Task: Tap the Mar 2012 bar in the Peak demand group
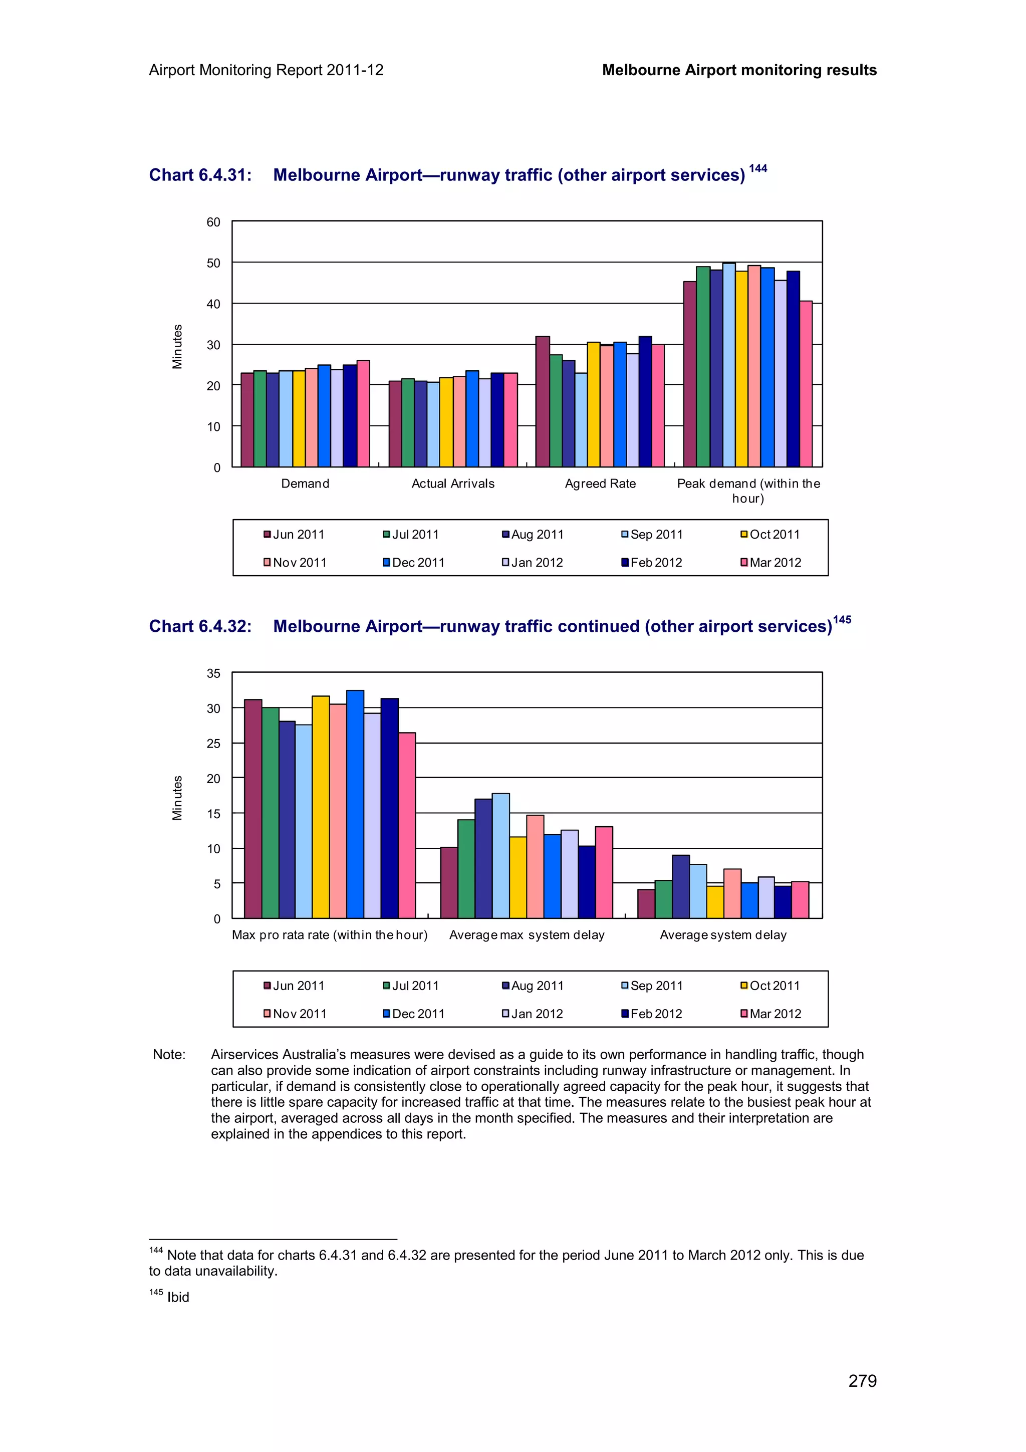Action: click(806, 384)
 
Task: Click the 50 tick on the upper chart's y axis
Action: click(214, 263)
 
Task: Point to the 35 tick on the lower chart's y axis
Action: click(214, 673)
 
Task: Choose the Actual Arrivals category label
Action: click(452, 484)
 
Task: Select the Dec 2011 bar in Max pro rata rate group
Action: click(355, 805)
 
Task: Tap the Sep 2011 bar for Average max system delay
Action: click(500, 856)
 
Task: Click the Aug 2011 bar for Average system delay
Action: click(681, 887)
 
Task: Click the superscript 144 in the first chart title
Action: click(757, 168)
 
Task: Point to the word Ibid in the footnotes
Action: click(178, 1297)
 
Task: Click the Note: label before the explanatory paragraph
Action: click(169, 1054)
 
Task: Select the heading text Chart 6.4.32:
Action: click(200, 626)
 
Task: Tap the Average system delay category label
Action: click(723, 935)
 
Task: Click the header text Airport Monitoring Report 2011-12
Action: click(266, 70)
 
